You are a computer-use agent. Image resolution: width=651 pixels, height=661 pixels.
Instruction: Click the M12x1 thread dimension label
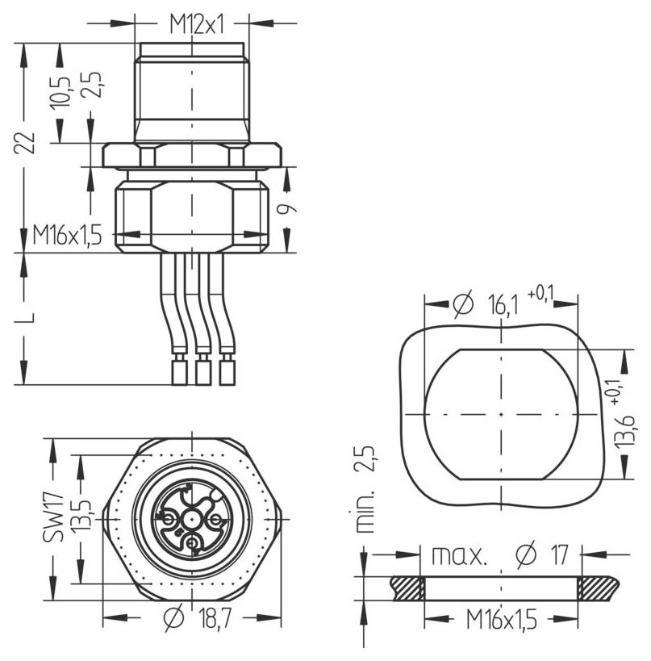coord(195,24)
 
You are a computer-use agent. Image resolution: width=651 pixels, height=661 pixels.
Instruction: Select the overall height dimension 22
coord(27,141)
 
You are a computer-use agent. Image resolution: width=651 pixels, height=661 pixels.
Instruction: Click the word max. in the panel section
coord(459,555)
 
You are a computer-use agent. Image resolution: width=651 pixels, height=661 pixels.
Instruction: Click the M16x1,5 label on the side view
coord(68,235)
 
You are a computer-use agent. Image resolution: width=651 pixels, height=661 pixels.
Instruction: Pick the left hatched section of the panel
coord(407,588)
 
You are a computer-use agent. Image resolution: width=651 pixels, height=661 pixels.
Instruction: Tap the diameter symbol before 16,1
coord(461,304)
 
